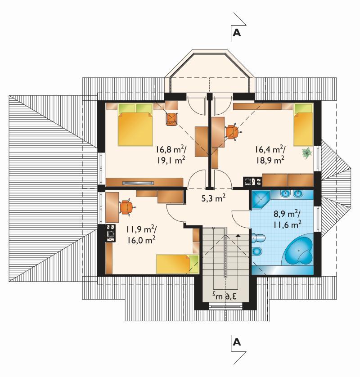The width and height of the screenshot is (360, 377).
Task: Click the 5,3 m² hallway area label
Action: (213, 198)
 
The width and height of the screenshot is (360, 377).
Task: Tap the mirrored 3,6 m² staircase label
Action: (224, 295)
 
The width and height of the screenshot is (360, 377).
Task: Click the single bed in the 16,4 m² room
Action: (303, 125)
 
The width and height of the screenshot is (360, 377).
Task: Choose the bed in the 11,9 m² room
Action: (177, 264)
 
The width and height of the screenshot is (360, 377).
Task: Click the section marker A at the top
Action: (237, 33)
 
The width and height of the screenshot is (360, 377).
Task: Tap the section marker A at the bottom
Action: (237, 342)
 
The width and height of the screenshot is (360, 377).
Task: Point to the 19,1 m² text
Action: (171, 160)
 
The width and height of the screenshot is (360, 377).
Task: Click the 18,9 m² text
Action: (270, 160)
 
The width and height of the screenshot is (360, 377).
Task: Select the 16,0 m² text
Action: (141, 240)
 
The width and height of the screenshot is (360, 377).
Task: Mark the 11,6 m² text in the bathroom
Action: (287, 225)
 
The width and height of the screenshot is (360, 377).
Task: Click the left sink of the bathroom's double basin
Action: (286, 193)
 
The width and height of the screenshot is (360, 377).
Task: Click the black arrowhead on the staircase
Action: (238, 236)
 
